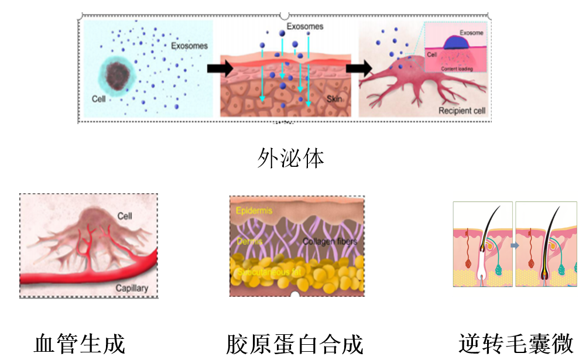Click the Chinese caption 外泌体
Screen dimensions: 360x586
(x=290, y=158)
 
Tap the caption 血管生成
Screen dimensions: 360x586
(x=80, y=344)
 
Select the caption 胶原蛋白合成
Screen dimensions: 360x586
(x=294, y=344)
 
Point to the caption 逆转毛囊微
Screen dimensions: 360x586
(x=516, y=344)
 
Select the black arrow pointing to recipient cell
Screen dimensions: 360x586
(x=359, y=68)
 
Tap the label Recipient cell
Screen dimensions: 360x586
(x=462, y=110)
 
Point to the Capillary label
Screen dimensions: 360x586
(x=132, y=287)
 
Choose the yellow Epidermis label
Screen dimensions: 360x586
(x=253, y=211)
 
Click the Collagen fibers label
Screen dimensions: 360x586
(x=330, y=241)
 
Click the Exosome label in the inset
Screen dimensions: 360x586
(x=471, y=33)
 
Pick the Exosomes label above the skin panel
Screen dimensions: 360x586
(x=305, y=26)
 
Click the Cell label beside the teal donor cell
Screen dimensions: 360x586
(x=99, y=99)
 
